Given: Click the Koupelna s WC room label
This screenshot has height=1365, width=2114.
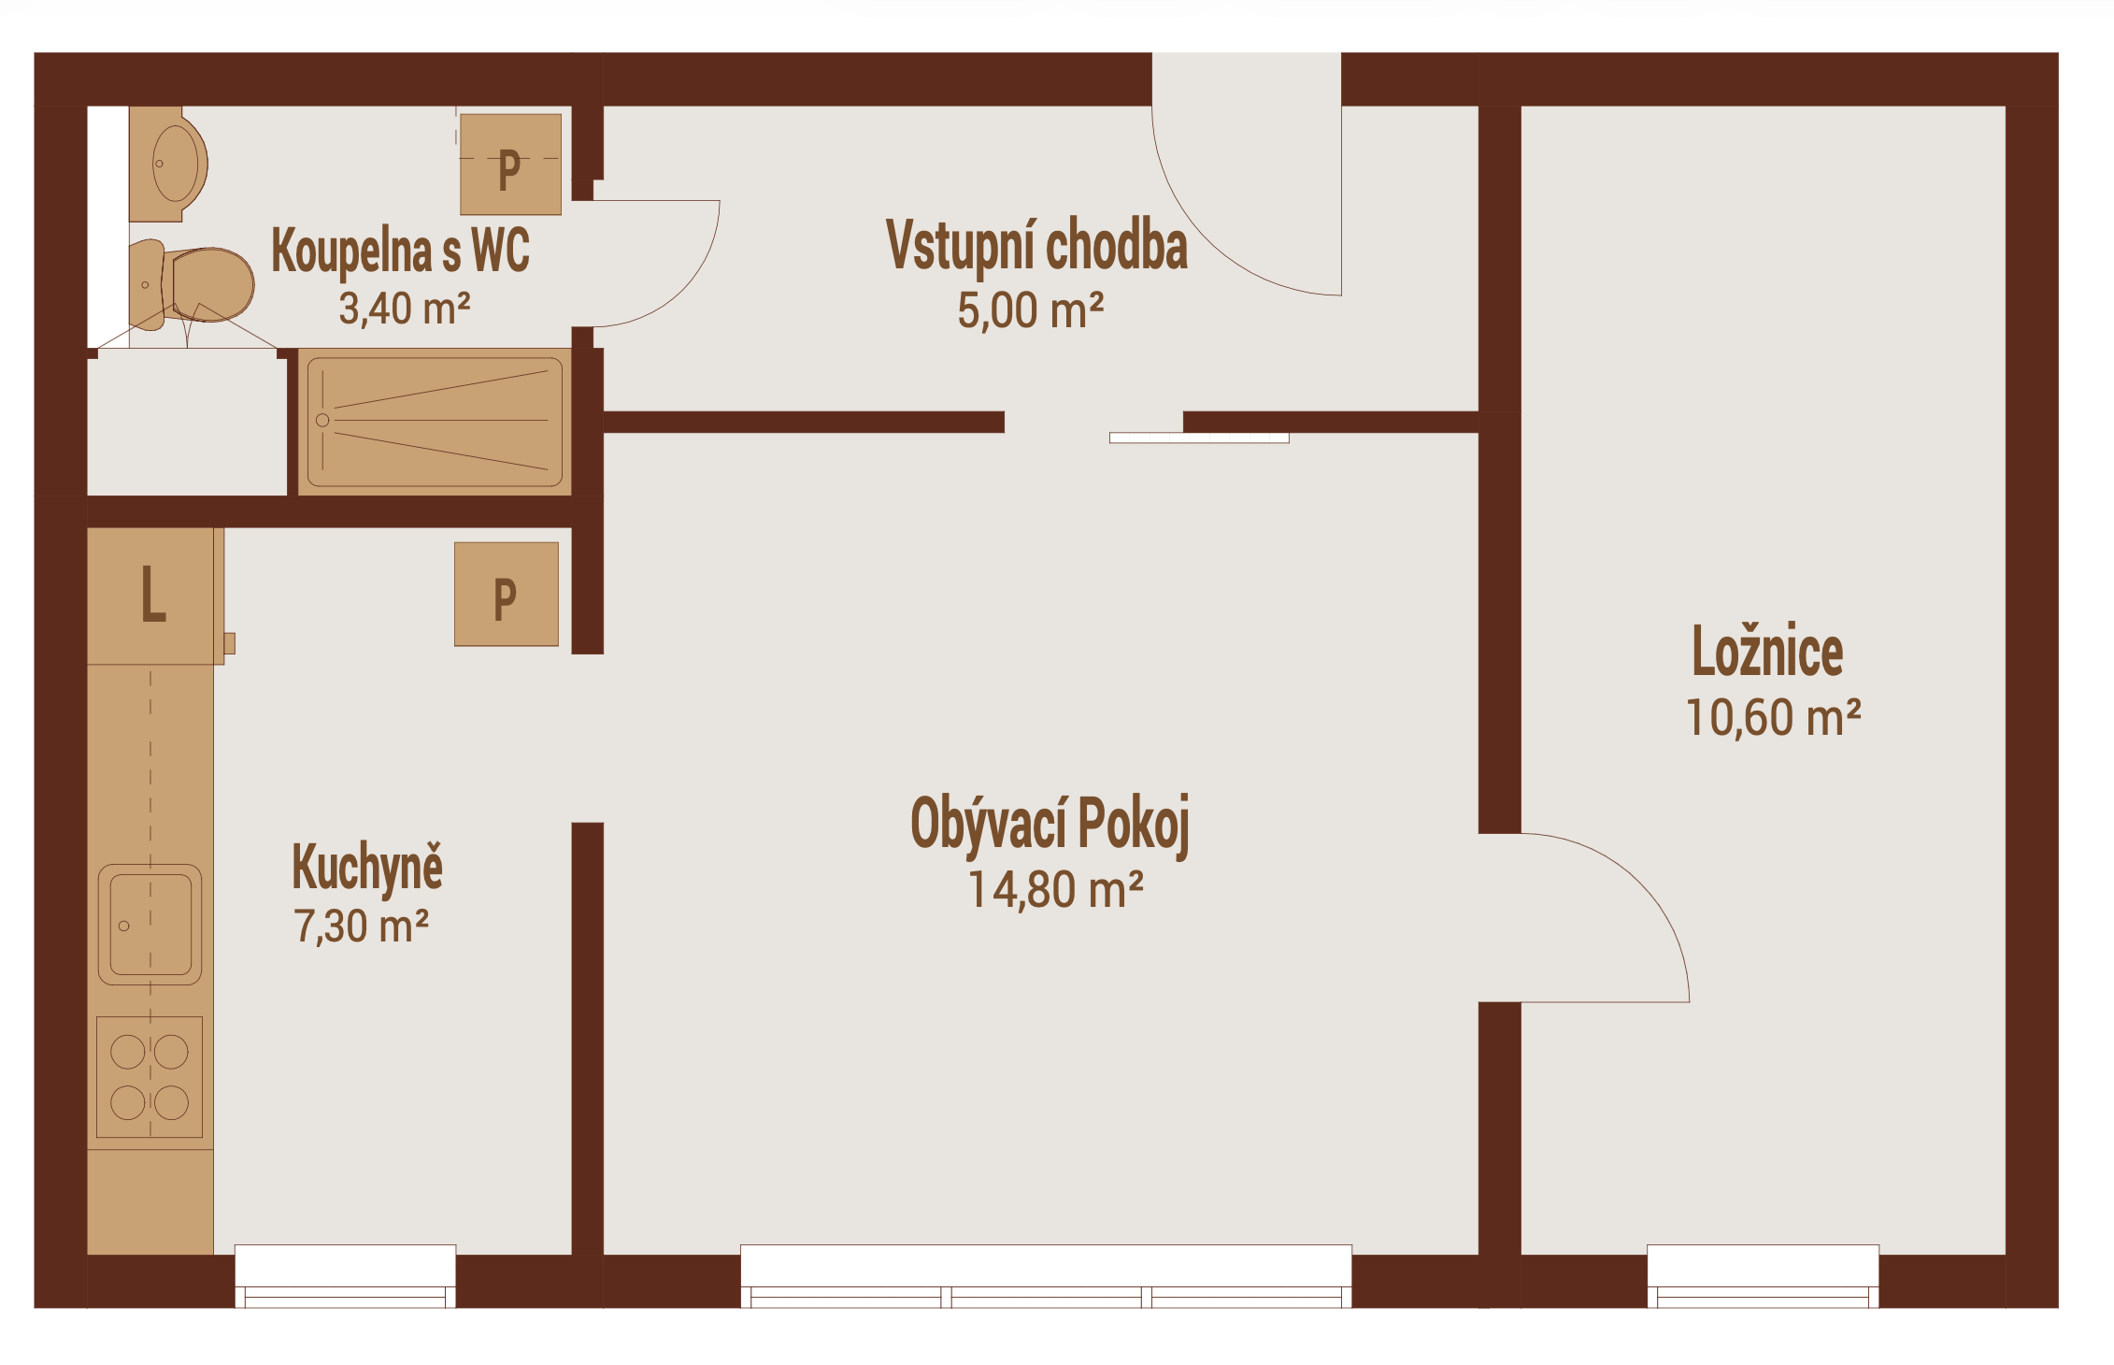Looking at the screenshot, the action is click(400, 251).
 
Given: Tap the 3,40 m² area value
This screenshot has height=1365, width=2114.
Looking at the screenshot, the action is click(404, 309).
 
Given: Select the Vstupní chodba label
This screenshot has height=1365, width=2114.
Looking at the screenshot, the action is click(1036, 246).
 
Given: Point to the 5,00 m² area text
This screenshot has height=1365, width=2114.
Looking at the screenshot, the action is click(1030, 310).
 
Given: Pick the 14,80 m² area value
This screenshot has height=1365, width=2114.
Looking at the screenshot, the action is click(1055, 889).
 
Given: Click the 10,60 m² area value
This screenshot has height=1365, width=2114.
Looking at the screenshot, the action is click(1773, 717).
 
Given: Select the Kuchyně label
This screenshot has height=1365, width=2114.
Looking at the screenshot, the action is click(367, 868).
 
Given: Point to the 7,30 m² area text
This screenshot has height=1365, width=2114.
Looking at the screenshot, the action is click(362, 926).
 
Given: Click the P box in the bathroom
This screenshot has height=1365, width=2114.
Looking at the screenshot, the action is click(510, 165).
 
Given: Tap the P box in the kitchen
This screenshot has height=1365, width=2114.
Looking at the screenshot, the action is click(507, 595).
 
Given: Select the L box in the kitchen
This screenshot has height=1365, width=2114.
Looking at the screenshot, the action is click(151, 596).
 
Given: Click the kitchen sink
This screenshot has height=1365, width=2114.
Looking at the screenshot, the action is click(150, 925).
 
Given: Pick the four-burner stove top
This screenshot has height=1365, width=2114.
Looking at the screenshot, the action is click(150, 1077).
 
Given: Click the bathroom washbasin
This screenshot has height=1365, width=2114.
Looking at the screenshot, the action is click(168, 164).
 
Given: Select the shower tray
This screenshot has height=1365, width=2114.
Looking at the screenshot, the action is click(435, 422).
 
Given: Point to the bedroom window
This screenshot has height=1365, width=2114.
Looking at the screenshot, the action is click(1763, 1276).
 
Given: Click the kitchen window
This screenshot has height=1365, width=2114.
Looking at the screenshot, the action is click(345, 1276).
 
